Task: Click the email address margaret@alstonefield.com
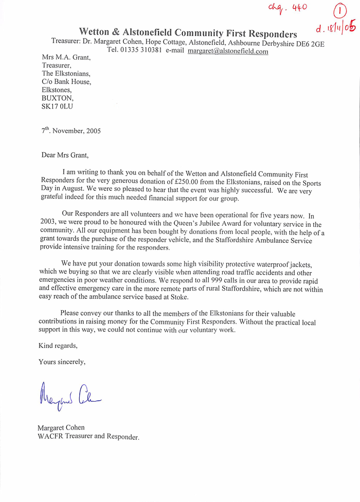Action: coord(228,51)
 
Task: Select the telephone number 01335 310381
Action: coord(141,51)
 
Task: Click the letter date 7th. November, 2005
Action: coord(71,131)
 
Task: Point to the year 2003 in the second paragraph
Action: coord(51,224)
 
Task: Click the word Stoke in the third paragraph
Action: coord(176,297)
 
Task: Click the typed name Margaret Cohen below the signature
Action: coord(61,427)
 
